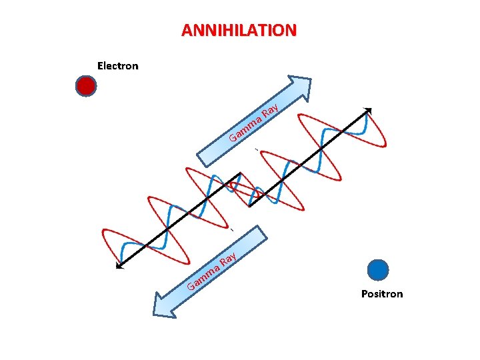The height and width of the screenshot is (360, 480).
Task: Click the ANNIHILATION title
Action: point(239,31)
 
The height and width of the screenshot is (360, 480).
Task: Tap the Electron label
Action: point(117,66)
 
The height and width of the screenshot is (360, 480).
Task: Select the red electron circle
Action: point(86,86)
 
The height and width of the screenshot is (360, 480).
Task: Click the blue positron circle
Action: point(378,269)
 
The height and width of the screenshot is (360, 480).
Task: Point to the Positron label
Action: point(382,294)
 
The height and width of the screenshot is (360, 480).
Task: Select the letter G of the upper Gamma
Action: point(233,139)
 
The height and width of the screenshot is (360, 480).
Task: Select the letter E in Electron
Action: point(101,66)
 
